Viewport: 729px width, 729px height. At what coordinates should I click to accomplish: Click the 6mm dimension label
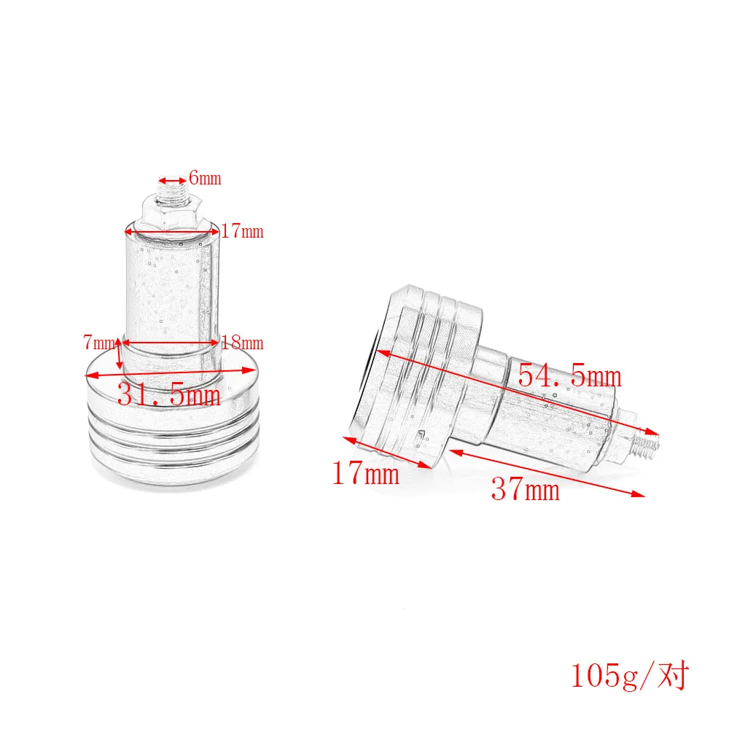coord(205,178)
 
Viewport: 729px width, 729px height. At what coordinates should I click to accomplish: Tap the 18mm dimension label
coord(242,343)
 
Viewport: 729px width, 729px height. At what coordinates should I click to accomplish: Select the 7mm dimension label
coord(99,342)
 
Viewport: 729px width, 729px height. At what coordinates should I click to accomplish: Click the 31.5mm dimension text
coord(169,394)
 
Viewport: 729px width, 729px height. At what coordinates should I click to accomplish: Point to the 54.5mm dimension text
coord(570,375)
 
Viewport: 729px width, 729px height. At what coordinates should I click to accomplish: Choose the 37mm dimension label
coord(526,489)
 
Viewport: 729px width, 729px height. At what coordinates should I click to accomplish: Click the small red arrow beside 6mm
coord(173,180)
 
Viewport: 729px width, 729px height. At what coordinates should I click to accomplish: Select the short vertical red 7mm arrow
coord(120,354)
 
